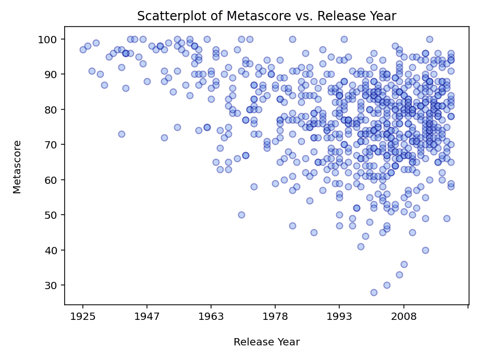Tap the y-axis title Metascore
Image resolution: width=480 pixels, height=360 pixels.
click(18, 167)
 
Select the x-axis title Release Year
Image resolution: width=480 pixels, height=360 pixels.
click(266, 342)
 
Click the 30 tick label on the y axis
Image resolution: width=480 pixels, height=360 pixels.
click(53, 285)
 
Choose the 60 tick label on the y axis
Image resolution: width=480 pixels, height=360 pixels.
click(53, 180)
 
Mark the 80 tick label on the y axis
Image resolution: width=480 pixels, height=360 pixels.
click(53, 110)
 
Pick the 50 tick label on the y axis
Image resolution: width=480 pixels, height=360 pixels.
click(53, 215)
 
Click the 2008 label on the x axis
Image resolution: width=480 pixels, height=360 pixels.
click(404, 316)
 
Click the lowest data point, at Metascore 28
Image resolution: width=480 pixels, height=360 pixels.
click(374, 292)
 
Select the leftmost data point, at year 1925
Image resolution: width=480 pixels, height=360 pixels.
click(83, 50)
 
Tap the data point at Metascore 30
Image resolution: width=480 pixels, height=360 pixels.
click(387, 285)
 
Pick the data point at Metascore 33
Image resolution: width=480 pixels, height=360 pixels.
click(399, 275)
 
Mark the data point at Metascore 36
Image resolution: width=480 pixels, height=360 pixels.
click(404, 264)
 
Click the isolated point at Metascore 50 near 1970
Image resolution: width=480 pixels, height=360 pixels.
click(241, 215)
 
